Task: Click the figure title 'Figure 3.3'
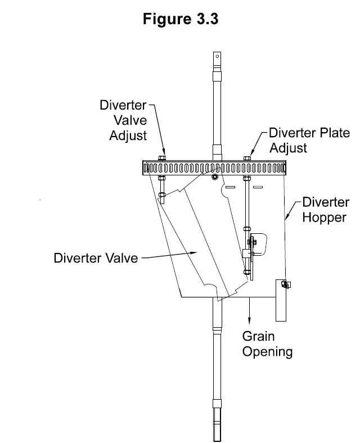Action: (x=180, y=19)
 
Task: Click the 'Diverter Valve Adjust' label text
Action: (x=123, y=120)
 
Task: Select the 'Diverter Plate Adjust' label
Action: (x=309, y=141)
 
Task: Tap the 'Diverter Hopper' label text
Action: (x=326, y=210)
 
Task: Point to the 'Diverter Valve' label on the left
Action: (x=95, y=259)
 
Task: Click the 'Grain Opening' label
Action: (x=267, y=344)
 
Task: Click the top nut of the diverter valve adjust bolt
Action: (x=162, y=159)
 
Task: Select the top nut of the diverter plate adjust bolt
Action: (x=247, y=159)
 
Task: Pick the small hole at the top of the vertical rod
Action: (x=216, y=56)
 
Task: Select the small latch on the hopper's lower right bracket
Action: (x=286, y=285)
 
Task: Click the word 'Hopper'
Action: (x=324, y=217)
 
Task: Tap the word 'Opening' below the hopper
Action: (x=267, y=352)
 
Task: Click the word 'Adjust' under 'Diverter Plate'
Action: (x=288, y=148)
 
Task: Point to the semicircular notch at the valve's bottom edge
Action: (x=211, y=288)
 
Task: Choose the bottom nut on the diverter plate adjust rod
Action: (x=247, y=229)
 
